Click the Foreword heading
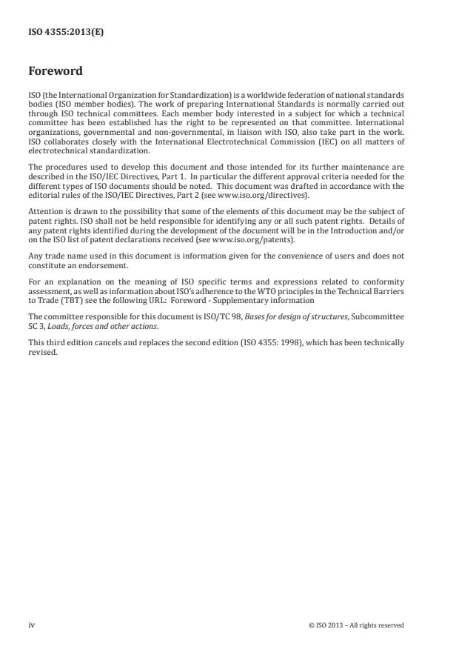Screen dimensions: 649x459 point(56,72)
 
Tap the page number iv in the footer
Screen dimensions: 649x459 point(31,625)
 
